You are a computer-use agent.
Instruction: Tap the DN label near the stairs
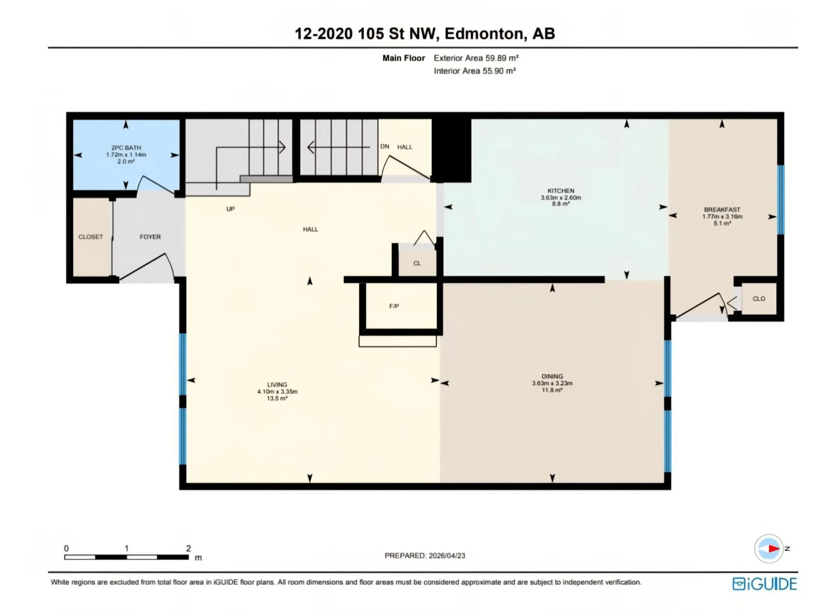[384, 146]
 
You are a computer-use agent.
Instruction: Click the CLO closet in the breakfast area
[759, 299]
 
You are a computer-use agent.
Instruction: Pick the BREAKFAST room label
[722, 209]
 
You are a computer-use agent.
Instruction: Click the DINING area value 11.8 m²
[552, 390]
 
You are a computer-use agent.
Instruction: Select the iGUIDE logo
[764, 584]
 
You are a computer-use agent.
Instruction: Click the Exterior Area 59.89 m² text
[476, 58]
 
